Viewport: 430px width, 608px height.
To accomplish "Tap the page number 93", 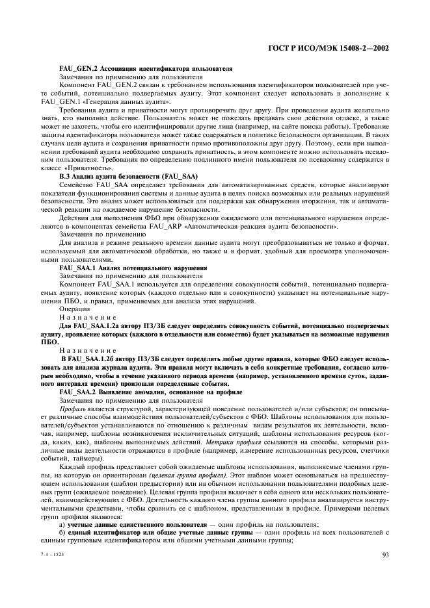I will [384, 554].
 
